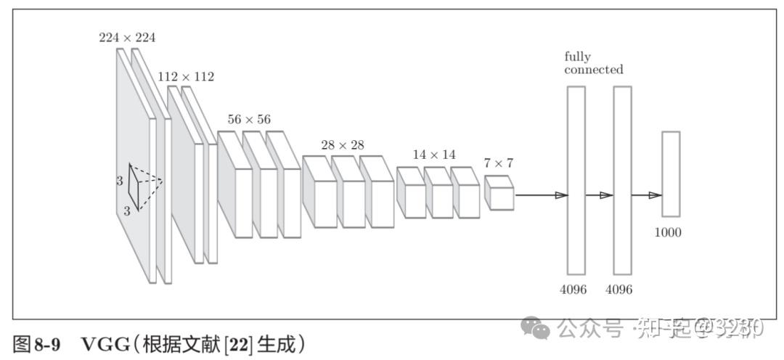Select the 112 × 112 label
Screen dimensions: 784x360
[186, 76]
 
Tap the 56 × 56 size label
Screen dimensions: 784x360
[249, 119]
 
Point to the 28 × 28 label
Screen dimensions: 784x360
[343, 145]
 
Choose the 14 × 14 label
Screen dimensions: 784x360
[434, 155]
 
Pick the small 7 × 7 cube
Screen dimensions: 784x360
[499, 193]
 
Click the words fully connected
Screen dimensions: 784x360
[593, 63]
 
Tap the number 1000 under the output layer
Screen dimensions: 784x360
[667, 233]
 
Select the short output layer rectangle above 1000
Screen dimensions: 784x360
[671, 174]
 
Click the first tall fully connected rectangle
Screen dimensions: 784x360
[576, 179]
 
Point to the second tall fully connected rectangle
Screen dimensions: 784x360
[622, 179]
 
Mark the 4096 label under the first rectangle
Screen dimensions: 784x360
[573, 290]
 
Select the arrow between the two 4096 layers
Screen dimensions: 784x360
[600, 195]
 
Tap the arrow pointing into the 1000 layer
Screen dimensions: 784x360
[646, 195]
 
